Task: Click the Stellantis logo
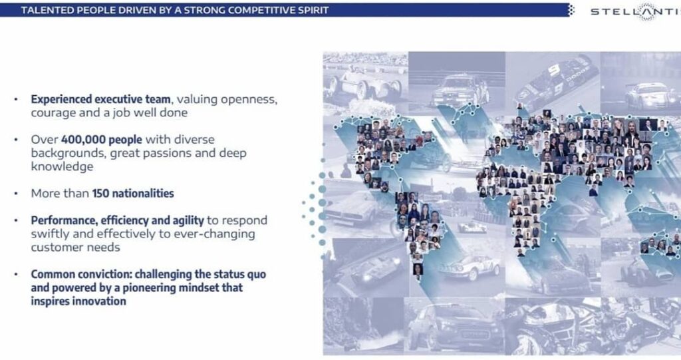tap(636, 11)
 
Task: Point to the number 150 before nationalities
tap(100, 194)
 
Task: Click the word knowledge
tap(62, 167)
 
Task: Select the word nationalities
tap(143, 194)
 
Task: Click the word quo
tap(256, 275)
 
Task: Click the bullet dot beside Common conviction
tap(16, 274)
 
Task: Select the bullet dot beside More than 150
tap(16, 194)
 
